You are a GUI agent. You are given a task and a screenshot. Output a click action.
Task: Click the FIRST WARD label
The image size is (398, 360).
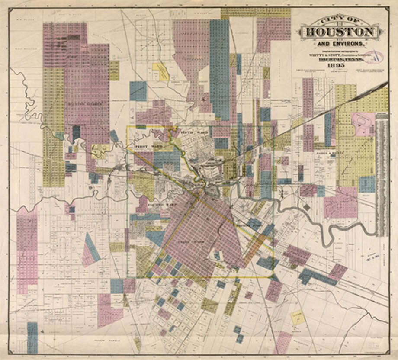(143, 147)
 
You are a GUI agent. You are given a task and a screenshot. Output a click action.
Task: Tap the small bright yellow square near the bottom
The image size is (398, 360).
(297, 317)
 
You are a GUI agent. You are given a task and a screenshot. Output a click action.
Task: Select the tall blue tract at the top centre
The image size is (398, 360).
(219, 69)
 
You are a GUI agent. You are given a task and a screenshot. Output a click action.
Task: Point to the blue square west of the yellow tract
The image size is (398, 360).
(138, 91)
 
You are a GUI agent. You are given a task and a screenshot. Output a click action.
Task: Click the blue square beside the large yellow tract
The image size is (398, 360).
(367, 184)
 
